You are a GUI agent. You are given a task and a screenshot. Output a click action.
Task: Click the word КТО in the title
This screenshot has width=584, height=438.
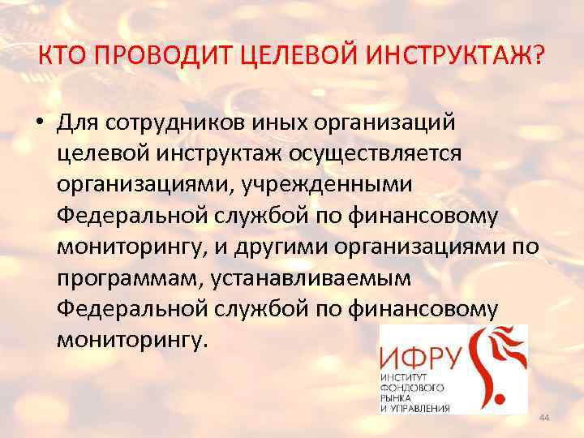click(x=62, y=58)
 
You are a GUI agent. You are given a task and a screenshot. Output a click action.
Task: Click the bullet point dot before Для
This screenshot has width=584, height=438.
click(x=39, y=124)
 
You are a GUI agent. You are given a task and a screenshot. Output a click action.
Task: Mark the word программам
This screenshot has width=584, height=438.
click(x=130, y=277)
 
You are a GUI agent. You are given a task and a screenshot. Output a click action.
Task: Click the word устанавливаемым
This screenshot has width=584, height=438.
click(x=312, y=277)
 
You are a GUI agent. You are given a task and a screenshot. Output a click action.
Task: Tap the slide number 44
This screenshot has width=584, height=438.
click(x=543, y=417)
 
